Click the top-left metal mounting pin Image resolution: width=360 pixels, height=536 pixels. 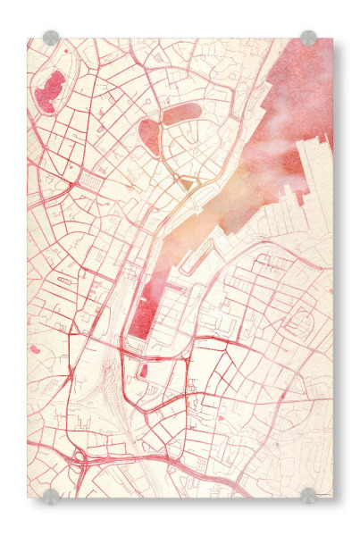coord(51,38)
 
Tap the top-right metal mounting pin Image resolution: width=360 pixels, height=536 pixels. coord(308,38)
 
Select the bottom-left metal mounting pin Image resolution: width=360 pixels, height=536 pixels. coord(51,494)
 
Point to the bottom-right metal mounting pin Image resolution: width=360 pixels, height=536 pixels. coord(308,494)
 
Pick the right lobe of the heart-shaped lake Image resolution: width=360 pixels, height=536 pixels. coord(180,113)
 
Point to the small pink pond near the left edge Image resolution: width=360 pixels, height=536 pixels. coord(34,348)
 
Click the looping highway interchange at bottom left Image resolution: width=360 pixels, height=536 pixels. coord(81,457)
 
